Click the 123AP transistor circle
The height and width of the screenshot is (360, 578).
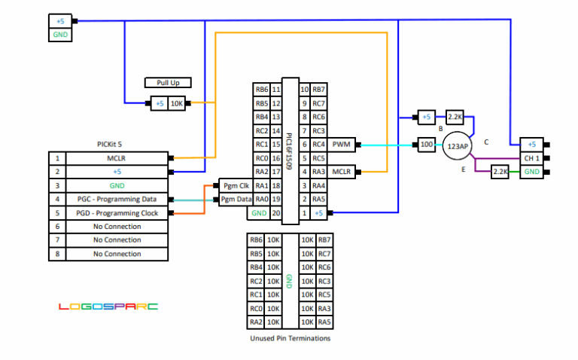pos(458,146)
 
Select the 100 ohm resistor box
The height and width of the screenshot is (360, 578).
pos(427,145)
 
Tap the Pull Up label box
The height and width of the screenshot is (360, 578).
pos(168,83)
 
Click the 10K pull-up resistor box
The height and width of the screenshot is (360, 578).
pos(177,104)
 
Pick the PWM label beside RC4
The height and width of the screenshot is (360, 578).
pos(342,144)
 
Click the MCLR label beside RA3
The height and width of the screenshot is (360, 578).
pos(342,172)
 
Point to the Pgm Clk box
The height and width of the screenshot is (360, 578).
pos(236,185)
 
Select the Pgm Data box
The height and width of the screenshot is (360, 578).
pos(236,200)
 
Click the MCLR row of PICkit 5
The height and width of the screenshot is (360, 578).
pos(108,158)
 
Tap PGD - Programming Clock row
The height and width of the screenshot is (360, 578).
pos(108,213)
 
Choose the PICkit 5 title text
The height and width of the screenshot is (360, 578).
pos(109,144)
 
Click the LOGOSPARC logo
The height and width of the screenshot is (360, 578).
pos(108,307)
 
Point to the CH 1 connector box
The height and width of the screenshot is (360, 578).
pos(531,158)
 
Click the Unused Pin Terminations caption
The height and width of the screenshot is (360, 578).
pos(290,338)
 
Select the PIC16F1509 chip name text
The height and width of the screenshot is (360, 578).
pos(289,151)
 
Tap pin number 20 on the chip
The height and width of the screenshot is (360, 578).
pos(276,213)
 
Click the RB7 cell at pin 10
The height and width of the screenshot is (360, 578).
pos(318,90)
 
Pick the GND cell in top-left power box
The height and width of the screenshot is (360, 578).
pos(60,35)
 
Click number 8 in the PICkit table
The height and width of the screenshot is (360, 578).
pos(57,254)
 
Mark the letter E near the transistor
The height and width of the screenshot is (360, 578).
pos(464,169)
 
